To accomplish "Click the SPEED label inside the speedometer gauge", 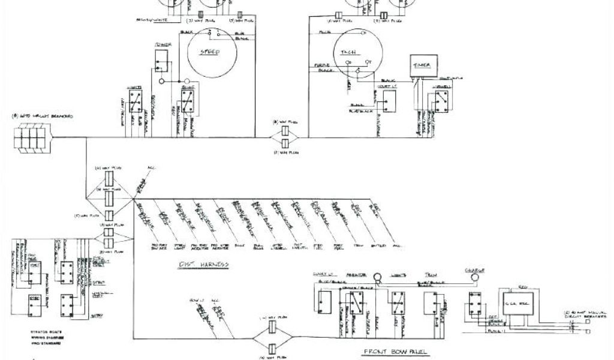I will (x=209, y=52).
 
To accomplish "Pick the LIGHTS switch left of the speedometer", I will (x=134, y=102).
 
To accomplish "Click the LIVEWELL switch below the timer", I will (x=443, y=102).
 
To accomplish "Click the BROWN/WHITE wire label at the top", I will (x=151, y=20).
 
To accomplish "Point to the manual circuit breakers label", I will (x=588, y=313).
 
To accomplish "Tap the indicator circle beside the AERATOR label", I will (x=378, y=277).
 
